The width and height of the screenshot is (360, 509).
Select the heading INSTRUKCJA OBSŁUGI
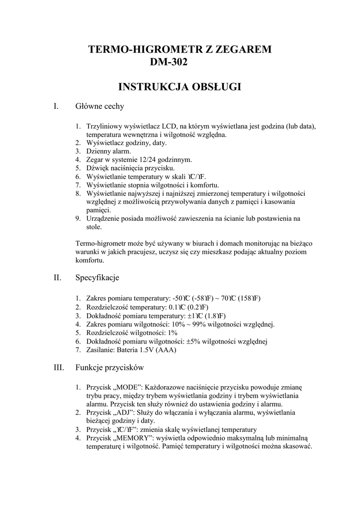coord(180,87)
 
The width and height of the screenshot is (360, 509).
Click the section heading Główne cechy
coord(99,106)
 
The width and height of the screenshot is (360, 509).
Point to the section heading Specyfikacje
coord(97,277)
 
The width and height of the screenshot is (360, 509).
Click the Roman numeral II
coord(57,277)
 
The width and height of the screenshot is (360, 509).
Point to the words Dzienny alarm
coord(108,151)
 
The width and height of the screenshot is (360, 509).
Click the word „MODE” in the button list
coord(129,387)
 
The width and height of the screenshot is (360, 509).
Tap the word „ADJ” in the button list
coord(126,413)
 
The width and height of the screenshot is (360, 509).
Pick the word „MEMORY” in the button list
coord(136,438)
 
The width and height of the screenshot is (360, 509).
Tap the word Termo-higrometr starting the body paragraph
coord(100,244)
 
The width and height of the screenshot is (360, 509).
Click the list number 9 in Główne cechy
coord(78,218)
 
